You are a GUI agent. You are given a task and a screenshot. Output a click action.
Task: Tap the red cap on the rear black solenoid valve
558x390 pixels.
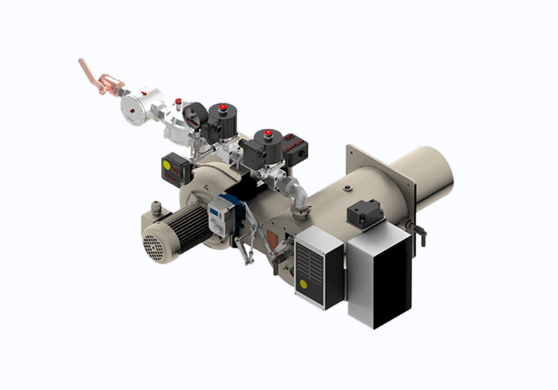coord(223,107)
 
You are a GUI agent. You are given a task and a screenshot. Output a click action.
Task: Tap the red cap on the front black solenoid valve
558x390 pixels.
coord(268,134)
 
